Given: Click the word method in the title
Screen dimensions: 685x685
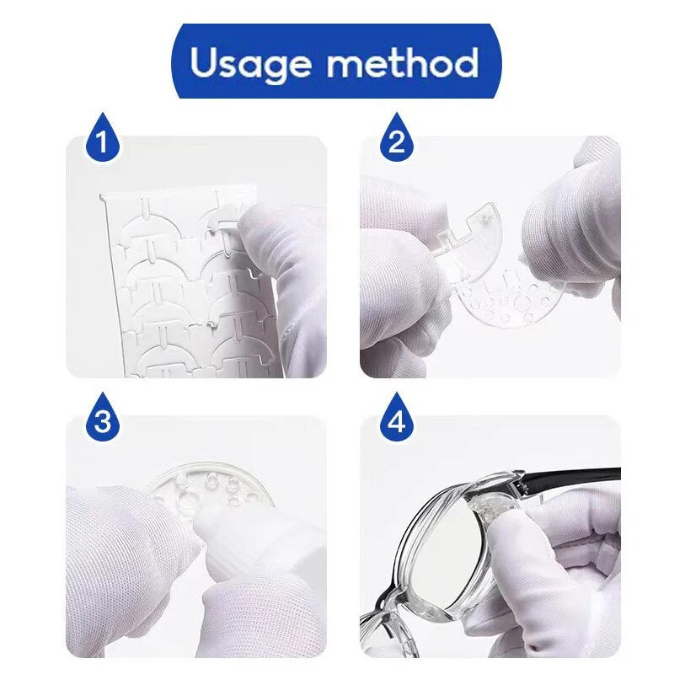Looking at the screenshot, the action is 403,62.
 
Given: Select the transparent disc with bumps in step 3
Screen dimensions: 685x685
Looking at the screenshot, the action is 214,485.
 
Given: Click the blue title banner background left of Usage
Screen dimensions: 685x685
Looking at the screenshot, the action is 181,62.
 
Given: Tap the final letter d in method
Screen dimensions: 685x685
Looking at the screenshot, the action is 465,62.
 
